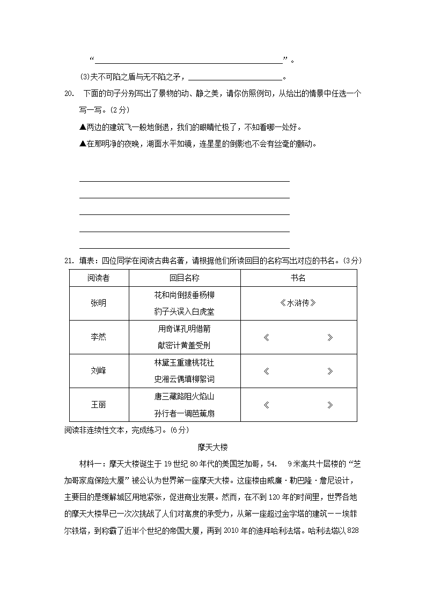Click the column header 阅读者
click(x=99, y=278)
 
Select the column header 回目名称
click(x=184, y=278)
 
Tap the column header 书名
click(x=298, y=278)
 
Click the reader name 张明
click(x=99, y=303)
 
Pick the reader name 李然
click(x=99, y=337)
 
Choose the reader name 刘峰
click(x=99, y=370)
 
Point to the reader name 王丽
click(x=99, y=404)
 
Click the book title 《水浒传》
click(x=298, y=303)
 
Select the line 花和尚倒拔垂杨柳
click(x=184, y=295)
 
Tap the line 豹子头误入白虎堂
click(x=184, y=311)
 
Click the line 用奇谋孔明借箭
click(x=184, y=329)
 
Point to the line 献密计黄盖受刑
click(x=184, y=345)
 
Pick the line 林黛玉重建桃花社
click(x=184, y=362)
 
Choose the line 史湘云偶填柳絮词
click(x=184, y=379)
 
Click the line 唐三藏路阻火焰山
click(x=184, y=396)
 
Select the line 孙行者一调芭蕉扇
click(x=184, y=413)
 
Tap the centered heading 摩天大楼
click(x=213, y=446)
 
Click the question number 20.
click(x=69, y=94)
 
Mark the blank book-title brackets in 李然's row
click(x=298, y=337)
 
